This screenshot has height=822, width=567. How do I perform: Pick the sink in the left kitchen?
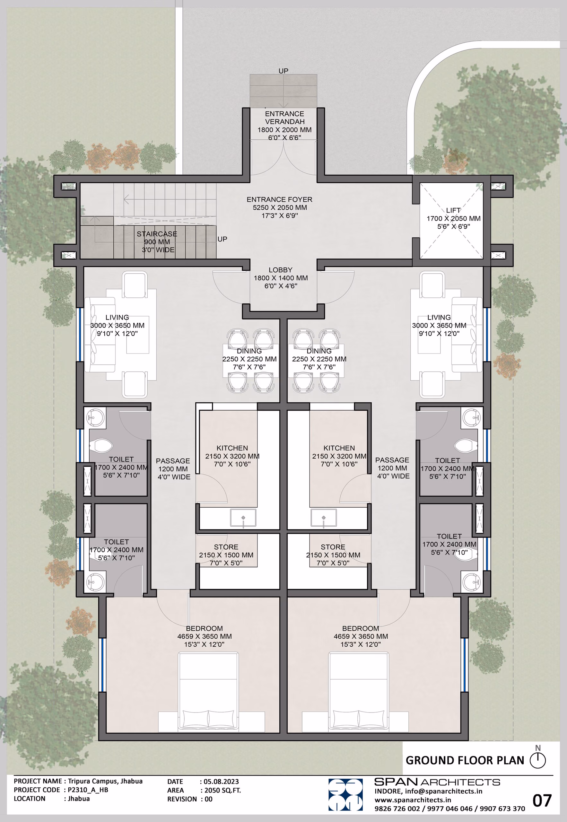click(243, 518)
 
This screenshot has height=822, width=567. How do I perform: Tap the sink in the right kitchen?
click(324, 518)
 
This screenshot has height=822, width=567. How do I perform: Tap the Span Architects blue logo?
click(345, 795)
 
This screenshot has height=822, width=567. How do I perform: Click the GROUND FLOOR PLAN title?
click(465, 760)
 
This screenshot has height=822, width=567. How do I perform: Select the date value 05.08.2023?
click(221, 782)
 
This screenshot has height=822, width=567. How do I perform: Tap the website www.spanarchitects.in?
click(413, 800)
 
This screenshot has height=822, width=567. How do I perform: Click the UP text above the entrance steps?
click(283, 71)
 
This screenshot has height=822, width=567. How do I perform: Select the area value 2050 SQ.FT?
click(222, 791)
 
